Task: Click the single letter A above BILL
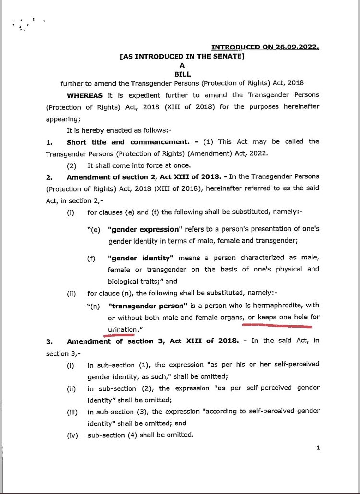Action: click(182, 65)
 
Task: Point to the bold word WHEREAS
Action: click(84, 95)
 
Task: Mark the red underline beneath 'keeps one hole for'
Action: click(277, 326)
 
